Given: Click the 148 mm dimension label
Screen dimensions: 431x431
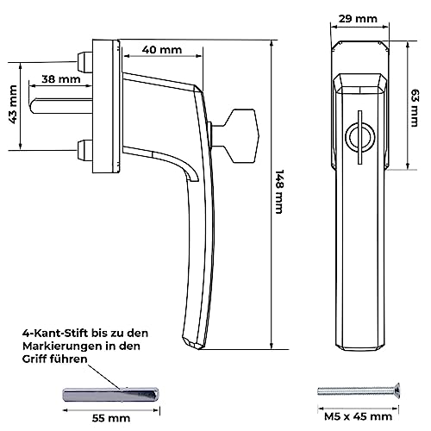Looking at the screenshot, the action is [279, 191].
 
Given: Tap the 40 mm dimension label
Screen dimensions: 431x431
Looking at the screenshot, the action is [162, 50].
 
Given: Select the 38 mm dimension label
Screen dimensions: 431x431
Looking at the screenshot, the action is [61, 79].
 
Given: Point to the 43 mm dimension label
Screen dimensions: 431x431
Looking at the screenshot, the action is [14, 104].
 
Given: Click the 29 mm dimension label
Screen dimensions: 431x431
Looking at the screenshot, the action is [358, 19].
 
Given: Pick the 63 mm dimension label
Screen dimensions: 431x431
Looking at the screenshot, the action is [415, 108].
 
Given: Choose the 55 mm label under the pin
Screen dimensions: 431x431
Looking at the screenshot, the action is [111, 418].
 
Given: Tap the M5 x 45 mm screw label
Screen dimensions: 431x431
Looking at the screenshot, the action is [358, 416].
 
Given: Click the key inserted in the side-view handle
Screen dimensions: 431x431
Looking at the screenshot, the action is [234, 135].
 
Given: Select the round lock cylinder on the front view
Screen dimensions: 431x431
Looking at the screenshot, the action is [360, 137].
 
